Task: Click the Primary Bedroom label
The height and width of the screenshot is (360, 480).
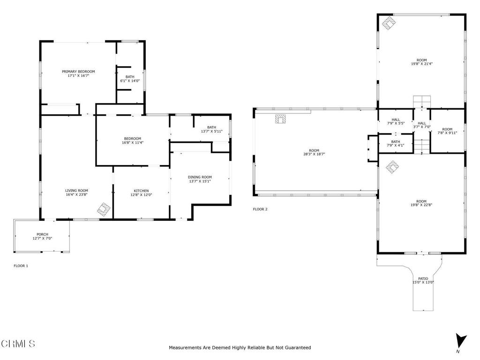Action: pos(78,72)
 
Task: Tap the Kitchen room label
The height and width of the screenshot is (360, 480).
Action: pos(141,191)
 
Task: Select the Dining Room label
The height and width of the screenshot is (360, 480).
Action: pos(200,177)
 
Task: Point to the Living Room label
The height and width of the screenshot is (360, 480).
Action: pos(76,190)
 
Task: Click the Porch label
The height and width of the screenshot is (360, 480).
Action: pos(42,234)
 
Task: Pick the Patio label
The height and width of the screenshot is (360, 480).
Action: pos(423,278)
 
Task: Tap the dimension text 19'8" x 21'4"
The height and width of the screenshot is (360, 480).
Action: pos(422,64)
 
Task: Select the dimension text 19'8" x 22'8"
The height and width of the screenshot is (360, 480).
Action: pos(422,205)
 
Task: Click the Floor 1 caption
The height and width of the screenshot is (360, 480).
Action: pos(21,266)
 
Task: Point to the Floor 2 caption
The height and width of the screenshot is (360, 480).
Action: pos(260,209)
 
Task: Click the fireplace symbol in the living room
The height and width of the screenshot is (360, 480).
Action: pos(104,209)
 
